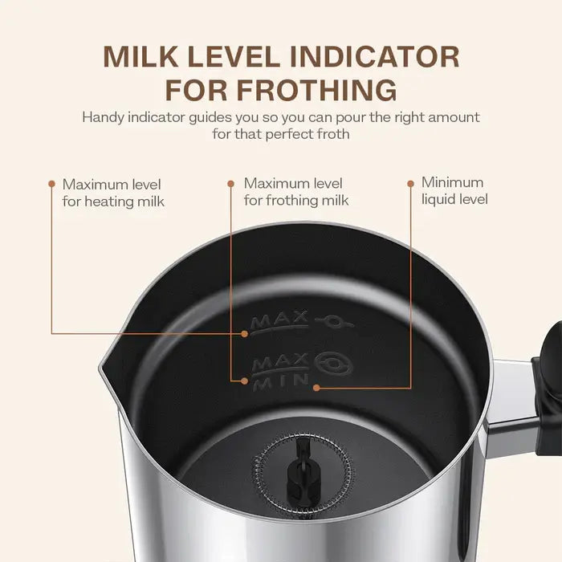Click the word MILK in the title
click(x=140, y=57)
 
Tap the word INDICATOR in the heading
click(x=374, y=57)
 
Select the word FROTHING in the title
click(x=317, y=90)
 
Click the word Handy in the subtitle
click(x=104, y=117)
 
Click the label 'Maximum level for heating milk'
click(x=113, y=193)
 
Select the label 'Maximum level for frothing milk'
click(x=296, y=192)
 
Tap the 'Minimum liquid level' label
click(x=454, y=191)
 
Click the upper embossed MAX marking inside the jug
click(x=279, y=320)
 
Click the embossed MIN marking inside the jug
click(x=281, y=382)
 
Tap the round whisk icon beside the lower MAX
click(x=333, y=364)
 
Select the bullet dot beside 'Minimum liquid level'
click(x=411, y=184)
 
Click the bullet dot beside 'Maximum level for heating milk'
click(x=52, y=184)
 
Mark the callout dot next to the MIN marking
click(x=316, y=388)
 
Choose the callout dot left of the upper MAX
click(x=244, y=334)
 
